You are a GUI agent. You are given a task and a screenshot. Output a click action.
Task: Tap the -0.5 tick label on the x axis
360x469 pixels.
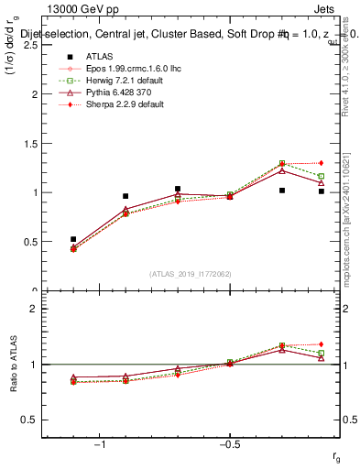[x=228, y=442]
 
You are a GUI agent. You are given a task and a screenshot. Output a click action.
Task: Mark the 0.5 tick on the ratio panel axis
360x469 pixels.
[x=28, y=420]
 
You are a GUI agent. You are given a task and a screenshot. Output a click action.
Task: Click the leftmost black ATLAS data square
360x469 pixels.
[x=73, y=239]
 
